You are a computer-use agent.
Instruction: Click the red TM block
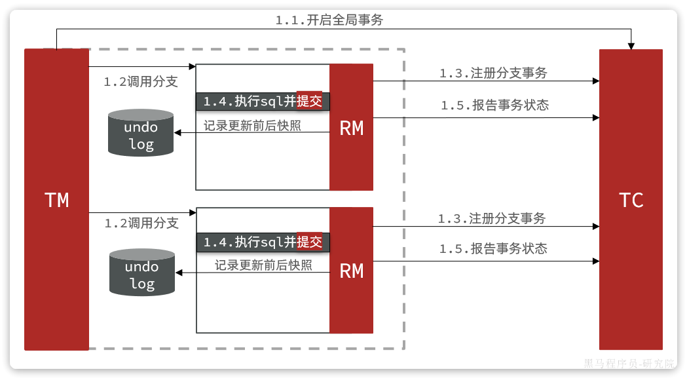coord(56,199)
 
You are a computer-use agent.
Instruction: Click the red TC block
coord(631,199)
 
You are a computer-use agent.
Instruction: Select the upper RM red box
coord(352,127)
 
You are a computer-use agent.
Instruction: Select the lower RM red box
coord(352,270)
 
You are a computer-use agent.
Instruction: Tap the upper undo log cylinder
coord(141,133)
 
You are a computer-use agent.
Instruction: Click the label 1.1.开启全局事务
coord(329,20)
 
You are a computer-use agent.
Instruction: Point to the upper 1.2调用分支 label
coord(141,83)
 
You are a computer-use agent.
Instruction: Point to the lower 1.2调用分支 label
coord(141,223)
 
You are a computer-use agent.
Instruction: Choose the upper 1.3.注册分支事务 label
coord(493,73)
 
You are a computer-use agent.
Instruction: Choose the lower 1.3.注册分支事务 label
coord(492,219)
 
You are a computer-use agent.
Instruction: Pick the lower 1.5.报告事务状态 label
coord(493,249)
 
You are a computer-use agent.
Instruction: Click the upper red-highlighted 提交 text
coord(310,102)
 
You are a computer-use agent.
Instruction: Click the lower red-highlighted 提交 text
coord(310,242)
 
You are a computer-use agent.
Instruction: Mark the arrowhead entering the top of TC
coord(631,46)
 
